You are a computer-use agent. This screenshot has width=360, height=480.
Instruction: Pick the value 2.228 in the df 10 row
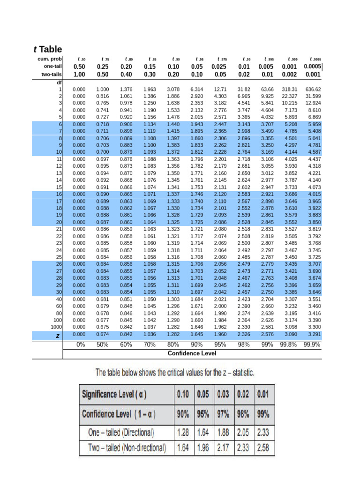[x=220, y=152]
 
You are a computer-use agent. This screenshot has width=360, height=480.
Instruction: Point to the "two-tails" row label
[x=51, y=74]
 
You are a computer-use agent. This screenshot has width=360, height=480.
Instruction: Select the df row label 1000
[x=57, y=326]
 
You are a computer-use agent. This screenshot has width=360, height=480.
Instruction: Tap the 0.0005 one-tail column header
[x=314, y=67]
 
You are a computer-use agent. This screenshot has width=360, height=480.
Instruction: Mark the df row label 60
[x=59, y=305]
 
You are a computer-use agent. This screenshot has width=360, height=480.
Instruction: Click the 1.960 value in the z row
[x=220, y=334]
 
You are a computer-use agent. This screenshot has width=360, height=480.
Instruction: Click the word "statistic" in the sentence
[x=240, y=373]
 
